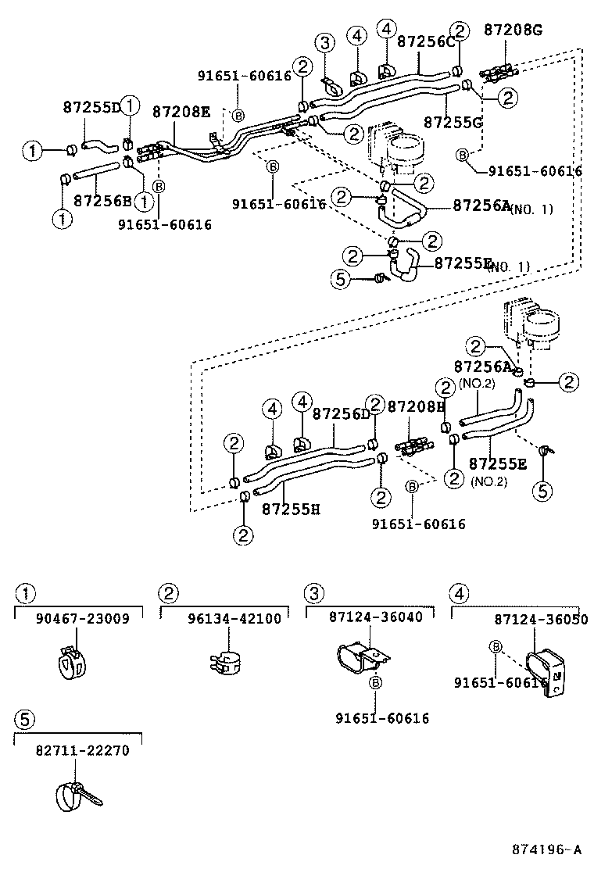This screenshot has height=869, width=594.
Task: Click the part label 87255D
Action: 91,107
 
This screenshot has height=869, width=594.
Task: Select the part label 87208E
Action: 181,112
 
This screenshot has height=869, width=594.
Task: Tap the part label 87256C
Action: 426,41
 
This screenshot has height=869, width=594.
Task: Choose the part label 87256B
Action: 102,200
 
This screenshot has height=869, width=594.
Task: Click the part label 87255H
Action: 291,509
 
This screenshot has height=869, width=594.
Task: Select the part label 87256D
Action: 341,413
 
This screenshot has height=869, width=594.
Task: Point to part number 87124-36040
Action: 375,617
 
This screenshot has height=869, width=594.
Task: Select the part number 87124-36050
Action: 530,618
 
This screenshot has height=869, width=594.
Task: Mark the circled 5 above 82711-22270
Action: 24,719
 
